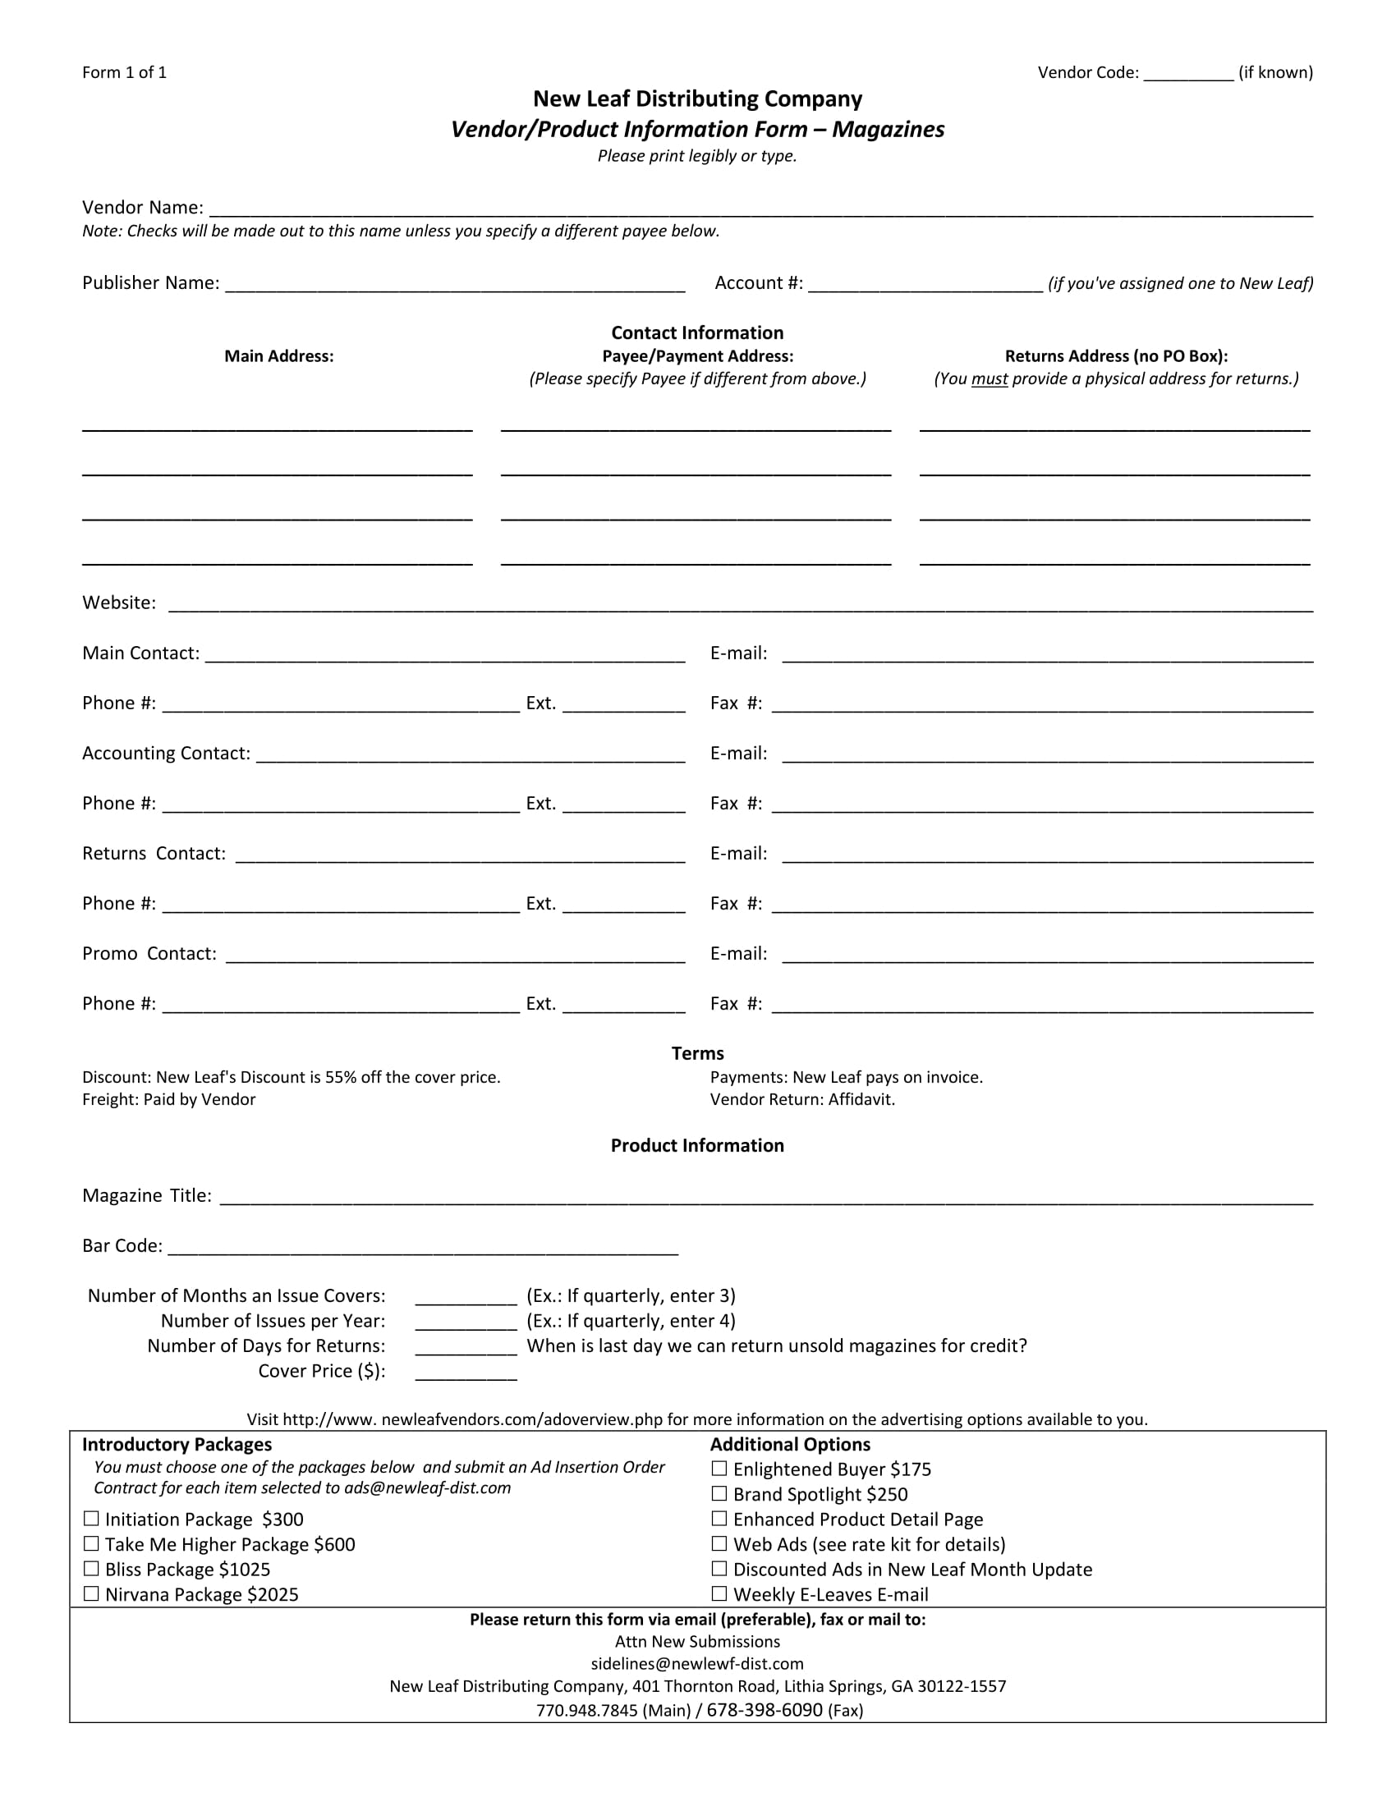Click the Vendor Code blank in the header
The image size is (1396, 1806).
1188,76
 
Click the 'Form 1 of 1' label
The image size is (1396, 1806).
124,73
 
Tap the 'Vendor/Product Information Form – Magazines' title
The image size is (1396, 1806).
697,130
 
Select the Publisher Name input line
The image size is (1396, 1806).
455,286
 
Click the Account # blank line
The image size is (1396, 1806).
925,286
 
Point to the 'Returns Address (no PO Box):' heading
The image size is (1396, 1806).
1116,356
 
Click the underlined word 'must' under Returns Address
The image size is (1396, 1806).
990,378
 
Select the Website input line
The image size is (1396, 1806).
740,606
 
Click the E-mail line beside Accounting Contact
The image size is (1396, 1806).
1047,757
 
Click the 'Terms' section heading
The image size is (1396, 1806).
697,1053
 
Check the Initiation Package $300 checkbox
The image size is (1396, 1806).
91,1519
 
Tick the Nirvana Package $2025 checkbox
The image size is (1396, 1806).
91,1594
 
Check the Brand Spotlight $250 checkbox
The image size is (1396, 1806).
719,1494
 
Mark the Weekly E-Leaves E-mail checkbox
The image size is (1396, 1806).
719,1594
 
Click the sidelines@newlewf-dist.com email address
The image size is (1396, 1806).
697,1664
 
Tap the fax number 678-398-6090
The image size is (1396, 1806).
765,1710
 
